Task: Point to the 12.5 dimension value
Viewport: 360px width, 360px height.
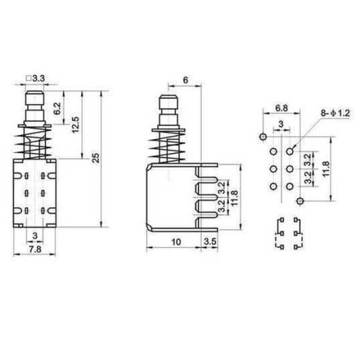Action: pos(76,124)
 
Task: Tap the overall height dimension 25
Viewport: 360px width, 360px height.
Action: pos(96,159)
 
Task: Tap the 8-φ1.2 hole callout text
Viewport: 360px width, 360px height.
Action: pos(335,113)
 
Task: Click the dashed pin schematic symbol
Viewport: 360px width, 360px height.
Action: pos(287,234)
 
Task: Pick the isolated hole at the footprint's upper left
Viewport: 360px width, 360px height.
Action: pos(262,136)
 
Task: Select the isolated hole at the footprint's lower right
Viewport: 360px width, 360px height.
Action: pos(300,201)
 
